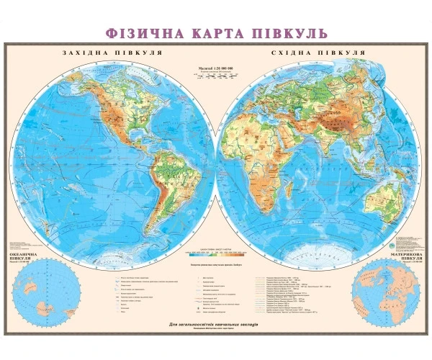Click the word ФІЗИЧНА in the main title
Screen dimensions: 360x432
coord(140,33)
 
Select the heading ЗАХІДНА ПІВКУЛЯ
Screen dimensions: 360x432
coord(112,53)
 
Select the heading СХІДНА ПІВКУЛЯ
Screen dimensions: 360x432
coord(317,53)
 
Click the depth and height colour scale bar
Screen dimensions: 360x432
coord(216,253)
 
